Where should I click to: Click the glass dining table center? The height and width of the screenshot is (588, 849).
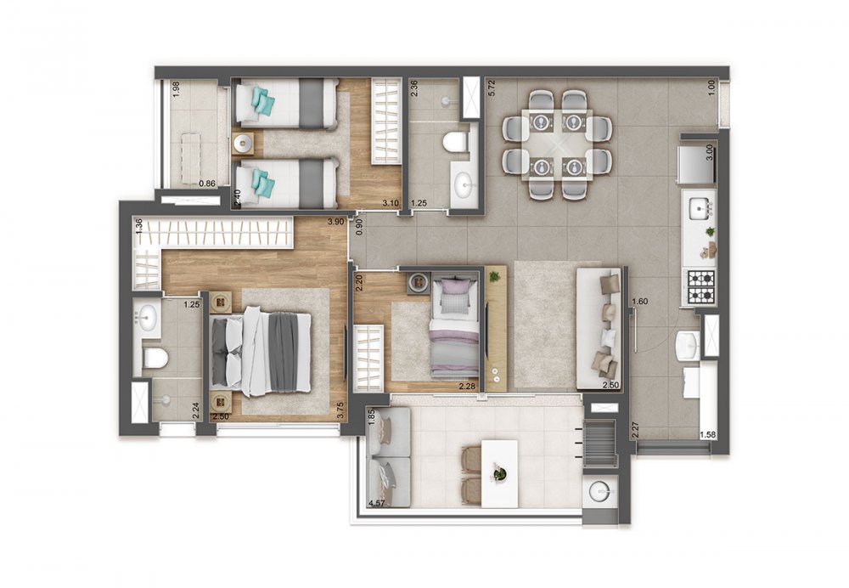tap(557, 144)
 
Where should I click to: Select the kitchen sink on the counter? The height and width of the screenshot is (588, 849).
tap(700, 206)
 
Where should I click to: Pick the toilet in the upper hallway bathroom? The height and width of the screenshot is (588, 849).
tap(456, 141)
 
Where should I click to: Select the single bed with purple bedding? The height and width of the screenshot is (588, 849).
tap(455, 328)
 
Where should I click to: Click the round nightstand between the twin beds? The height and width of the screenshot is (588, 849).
tap(243, 142)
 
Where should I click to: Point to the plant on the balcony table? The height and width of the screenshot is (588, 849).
tap(500, 472)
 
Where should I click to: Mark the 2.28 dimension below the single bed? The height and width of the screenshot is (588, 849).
tap(466, 387)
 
